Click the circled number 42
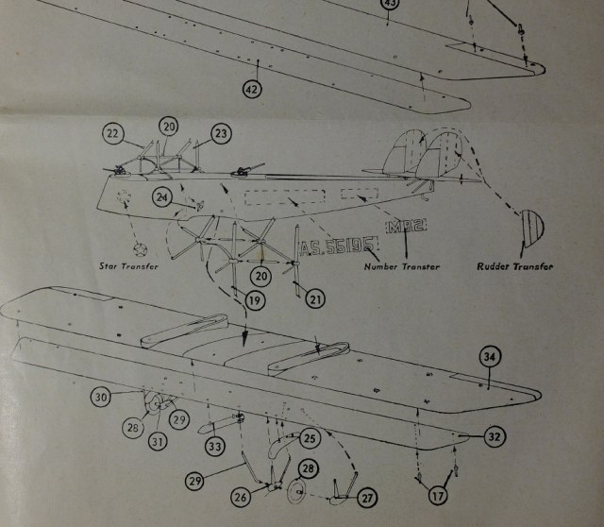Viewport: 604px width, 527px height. click(x=252, y=89)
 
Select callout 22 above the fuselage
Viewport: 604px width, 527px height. click(x=114, y=135)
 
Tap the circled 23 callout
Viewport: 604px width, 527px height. click(x=220, y=135)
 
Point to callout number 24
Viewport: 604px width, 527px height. click(x=162, y=197)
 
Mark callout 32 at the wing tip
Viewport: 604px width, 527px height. click(x=494, y=436)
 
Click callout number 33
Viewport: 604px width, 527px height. click(x=216, y=446)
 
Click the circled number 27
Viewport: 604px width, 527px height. click(x=366, y=497)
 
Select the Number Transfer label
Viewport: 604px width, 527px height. click(x=403, y=266)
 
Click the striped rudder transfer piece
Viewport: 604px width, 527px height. click(x=533, y=228)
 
